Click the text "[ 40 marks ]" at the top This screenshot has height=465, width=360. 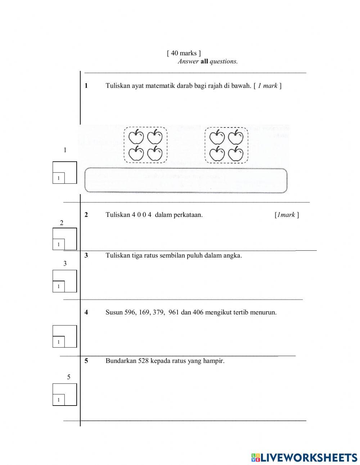184,53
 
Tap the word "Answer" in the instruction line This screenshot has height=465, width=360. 188,62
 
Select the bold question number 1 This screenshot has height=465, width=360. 86,86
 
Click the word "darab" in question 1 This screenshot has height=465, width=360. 185,86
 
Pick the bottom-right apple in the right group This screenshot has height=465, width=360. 236,154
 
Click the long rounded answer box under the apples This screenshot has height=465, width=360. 186,180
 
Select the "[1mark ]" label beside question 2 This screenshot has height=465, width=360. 287,215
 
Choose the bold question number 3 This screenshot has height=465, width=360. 86,255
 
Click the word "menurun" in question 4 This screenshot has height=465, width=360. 264,312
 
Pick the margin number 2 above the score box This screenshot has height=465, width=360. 62,223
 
